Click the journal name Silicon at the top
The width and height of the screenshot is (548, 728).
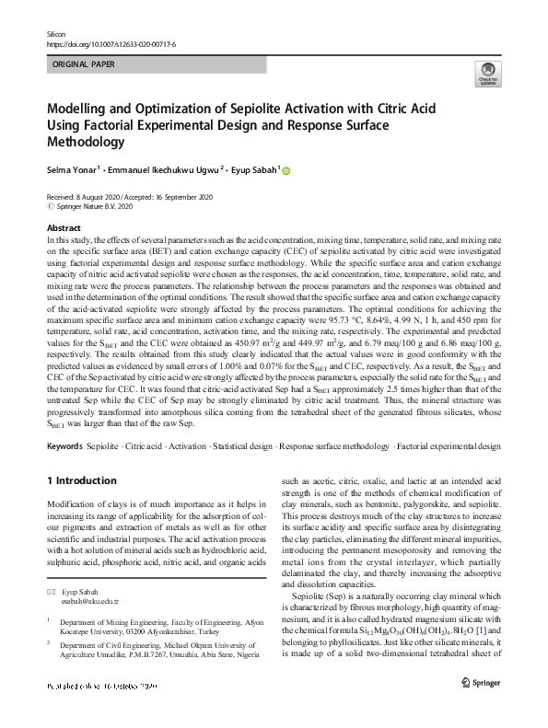point(56,33)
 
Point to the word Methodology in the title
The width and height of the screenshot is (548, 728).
point(86,143)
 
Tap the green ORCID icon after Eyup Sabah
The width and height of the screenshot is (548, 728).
point(286,170)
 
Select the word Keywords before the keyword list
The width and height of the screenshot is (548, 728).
point(64,445)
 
